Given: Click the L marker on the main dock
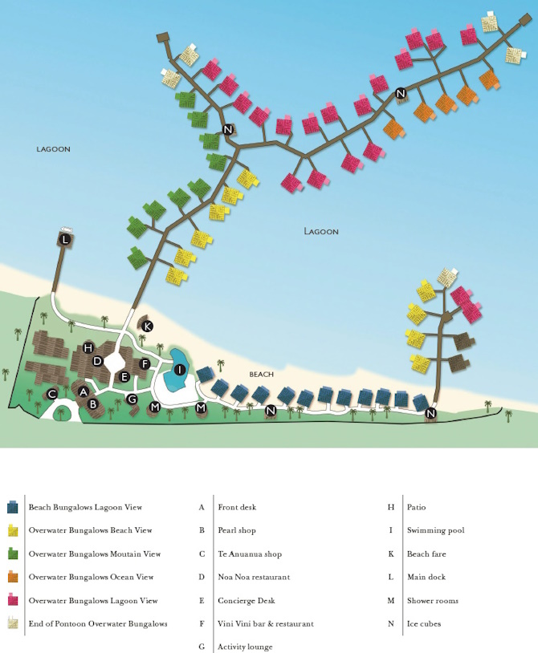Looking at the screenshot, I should (x=65, y=239).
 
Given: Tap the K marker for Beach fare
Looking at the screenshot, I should (x=148, y=326).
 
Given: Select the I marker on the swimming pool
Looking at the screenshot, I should (x=180, y=370).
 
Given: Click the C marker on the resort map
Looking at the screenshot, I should (x=52, y=394).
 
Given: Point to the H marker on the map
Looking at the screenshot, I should (x=88, y=347).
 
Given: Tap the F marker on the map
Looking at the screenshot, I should (x=145, y=364).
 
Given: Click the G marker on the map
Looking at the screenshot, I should (x=132, y=399).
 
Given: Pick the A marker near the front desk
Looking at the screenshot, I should (x=83, y=391).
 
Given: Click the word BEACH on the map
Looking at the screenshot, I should (x=262, y=375).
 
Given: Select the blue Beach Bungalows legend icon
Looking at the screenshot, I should (x=13, y=508).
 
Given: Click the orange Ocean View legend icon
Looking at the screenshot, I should (x=13, y=578).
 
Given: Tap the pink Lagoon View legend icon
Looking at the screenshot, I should (x=13, y=601).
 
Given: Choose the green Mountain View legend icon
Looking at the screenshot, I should (x=13, y=554).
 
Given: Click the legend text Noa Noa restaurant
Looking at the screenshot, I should (x=253, y=578).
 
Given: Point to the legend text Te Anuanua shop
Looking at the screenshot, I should (x=250, y=554).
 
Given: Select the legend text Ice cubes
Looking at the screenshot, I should (x=424, y=624).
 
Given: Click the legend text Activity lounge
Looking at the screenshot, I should (x=245, y=647).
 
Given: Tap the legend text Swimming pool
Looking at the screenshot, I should (x=435, y=531).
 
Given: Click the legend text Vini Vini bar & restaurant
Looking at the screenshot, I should (x=265, y=624).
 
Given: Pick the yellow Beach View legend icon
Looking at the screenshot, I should (x=13, y=531).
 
